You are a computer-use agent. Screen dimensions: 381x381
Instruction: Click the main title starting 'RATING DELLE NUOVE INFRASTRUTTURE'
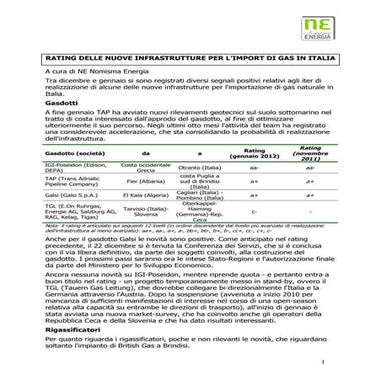[190, 60]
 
